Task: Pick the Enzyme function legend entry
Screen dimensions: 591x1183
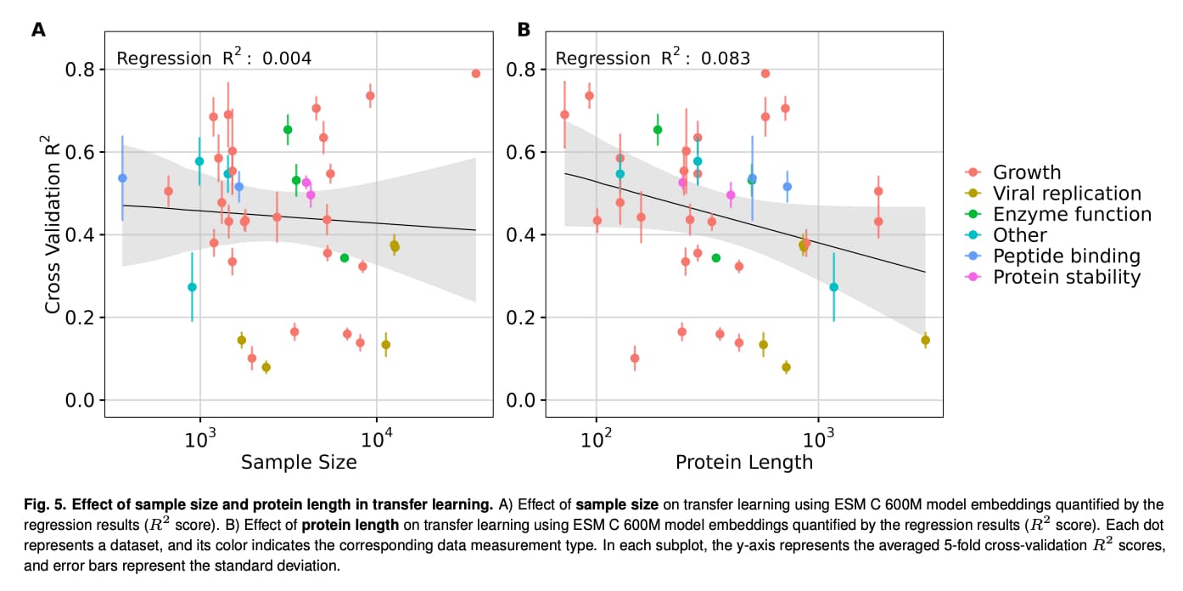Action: [1072, 215]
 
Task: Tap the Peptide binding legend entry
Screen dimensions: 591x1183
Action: [1066, 256]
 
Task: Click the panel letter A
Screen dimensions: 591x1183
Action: [38, 31]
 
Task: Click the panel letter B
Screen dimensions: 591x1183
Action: [524, 31]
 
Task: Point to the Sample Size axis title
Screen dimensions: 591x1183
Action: [299, 462]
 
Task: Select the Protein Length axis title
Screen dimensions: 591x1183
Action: [743, 462]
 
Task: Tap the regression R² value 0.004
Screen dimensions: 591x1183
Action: [287, 59]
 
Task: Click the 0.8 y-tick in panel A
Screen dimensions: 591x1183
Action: [81, 70]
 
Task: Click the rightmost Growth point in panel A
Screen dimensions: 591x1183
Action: [475, 74]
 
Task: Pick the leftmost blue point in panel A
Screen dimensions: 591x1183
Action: [122, 178]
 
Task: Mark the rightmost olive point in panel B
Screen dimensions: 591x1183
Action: [925, 341]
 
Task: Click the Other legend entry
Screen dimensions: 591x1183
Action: [1020, 235]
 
